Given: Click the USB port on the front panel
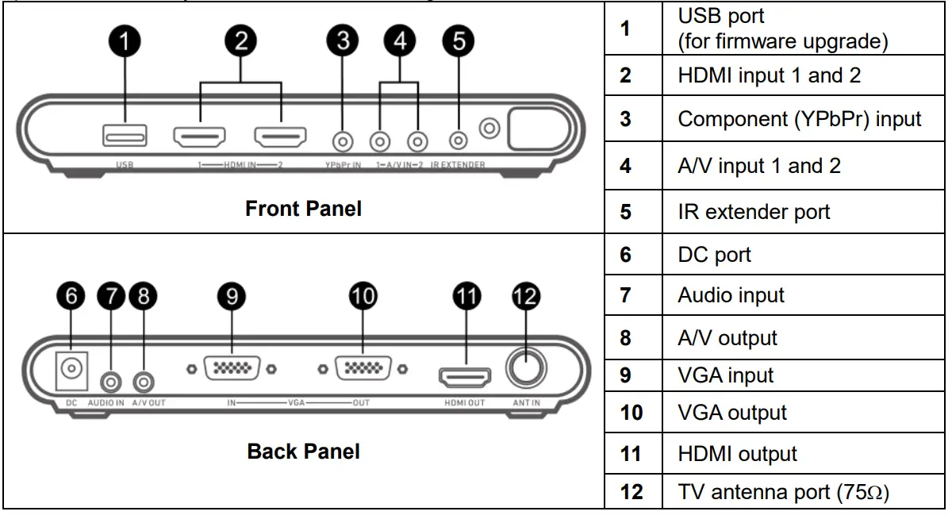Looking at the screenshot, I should (x=125, y=136).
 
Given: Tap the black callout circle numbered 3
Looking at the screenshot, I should (x=342, y=41).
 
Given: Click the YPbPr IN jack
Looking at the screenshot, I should (x=342, y=141).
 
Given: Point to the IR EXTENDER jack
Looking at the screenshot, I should (x=458, y=140).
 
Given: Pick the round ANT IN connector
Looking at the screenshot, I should (x=526, y=369).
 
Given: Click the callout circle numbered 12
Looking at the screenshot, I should (x=526, y=297).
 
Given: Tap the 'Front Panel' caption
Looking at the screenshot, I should (x=303, y=209).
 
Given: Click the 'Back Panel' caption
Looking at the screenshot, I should (x=303, y=452).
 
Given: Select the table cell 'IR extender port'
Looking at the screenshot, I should (x=753, y=212).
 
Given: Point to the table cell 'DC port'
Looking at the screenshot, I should (x=714, y=254).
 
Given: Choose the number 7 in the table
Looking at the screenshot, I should (x=625, y=295).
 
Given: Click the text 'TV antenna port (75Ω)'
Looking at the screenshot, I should (x=782, y=492).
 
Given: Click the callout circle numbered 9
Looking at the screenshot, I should (x=232, y=297).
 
